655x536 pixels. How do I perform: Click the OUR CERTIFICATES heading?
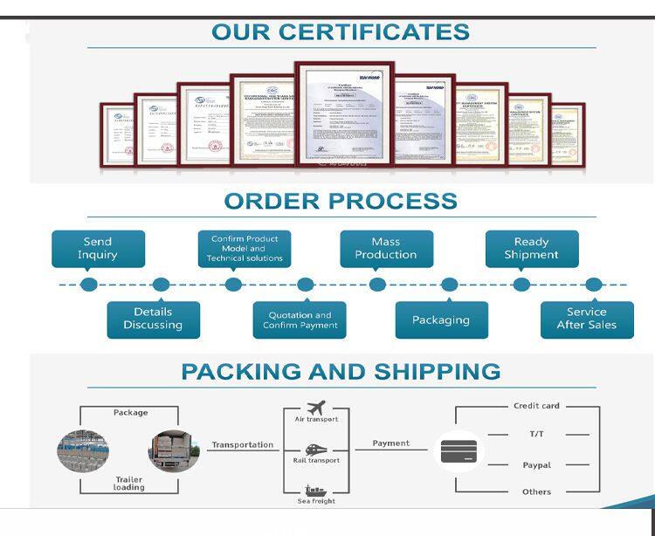340,32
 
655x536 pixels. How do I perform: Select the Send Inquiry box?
98,249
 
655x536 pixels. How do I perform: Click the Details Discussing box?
153,319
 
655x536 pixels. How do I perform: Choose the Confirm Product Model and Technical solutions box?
245,249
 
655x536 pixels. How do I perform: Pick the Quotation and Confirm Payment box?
299,320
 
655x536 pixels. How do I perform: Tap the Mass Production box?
385,249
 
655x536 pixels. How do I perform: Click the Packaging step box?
441,320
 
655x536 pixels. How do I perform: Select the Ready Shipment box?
531,249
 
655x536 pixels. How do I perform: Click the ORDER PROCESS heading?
340,201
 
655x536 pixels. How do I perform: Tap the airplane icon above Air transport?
316,407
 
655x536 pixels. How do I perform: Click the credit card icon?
458,451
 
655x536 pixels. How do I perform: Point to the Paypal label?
536,465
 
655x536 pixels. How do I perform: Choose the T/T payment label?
536,433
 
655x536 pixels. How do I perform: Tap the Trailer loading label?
129,483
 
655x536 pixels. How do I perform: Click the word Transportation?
242,444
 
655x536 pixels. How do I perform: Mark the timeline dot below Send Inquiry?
88,285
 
